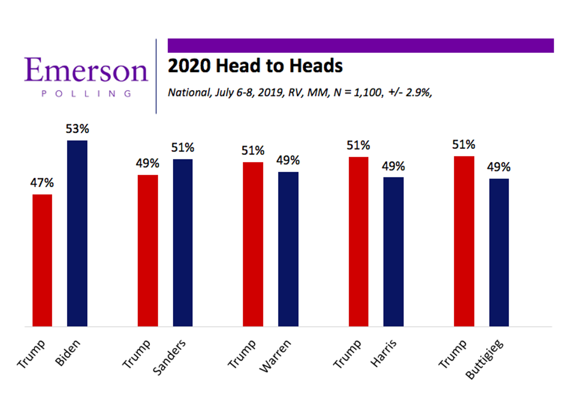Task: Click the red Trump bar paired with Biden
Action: (x=42, y=260)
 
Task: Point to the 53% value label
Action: (x=77, y=130)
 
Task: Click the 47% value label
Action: (x=42, y=184)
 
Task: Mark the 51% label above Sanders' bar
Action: (x=183, y=148)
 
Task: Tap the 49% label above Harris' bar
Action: (x=394, y=166)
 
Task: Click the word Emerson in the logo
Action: (x=86, y=71)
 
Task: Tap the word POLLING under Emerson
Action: (x=86, y=94)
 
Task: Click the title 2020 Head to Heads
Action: (x=255, y=66)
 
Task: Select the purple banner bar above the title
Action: (x=360, y=45)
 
